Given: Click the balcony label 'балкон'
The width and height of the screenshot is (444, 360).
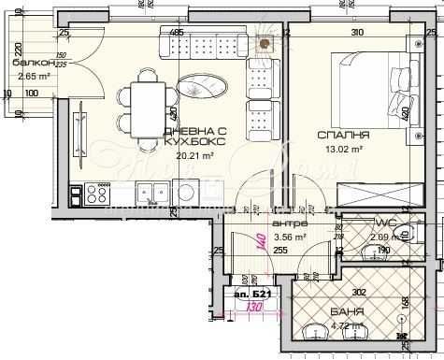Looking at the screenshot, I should coord(27,63).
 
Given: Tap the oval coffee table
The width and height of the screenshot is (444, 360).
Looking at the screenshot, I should coord(200,85).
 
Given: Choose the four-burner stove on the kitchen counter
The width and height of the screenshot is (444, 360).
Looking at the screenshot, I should coord(95,194).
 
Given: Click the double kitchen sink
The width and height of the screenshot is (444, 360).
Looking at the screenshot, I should coord(151,193).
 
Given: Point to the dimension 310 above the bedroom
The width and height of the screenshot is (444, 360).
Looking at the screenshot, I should coord(356,33).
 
